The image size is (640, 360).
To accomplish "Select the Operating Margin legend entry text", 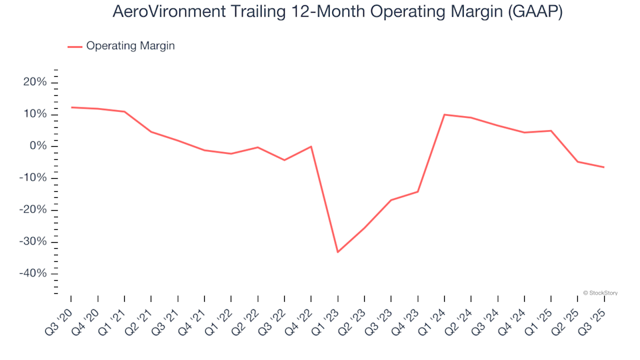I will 131,46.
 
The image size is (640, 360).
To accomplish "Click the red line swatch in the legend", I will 75,47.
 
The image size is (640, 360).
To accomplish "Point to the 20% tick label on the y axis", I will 35,82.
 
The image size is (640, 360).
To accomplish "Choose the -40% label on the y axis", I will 33,273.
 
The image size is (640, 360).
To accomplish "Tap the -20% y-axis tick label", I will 33,209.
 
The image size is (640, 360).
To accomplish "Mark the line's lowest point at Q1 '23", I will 338,252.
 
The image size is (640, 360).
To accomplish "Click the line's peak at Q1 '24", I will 445,115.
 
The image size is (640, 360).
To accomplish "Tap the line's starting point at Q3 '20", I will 71,107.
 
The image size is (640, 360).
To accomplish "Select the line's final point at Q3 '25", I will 604,167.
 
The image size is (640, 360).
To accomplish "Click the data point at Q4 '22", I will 311,147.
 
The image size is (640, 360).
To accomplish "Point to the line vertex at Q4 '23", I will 418,192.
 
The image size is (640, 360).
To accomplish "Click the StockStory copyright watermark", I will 600,293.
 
